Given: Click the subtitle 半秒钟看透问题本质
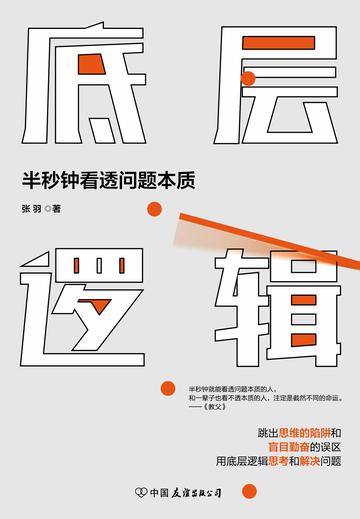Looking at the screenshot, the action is [109, 180].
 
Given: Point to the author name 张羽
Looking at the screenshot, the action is [32, 209].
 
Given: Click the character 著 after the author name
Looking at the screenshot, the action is [57, 209].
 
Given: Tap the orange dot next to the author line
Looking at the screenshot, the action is [154, 209].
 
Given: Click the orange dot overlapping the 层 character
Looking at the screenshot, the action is [248, 79].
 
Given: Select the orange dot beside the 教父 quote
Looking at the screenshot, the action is [168, 388].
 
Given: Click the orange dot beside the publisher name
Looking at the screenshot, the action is [249, 491].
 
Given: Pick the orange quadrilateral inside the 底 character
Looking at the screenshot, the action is [92, 64].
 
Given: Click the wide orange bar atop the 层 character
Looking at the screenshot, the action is [279, 43].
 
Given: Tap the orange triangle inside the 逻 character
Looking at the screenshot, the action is [100, 305].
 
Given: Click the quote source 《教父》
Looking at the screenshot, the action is [214, 407].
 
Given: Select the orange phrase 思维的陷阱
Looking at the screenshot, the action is [305, 433].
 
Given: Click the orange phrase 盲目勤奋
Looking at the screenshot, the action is [289, 447].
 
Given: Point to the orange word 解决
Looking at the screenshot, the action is [310, 461].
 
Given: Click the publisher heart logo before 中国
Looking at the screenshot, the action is [141, 492].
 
